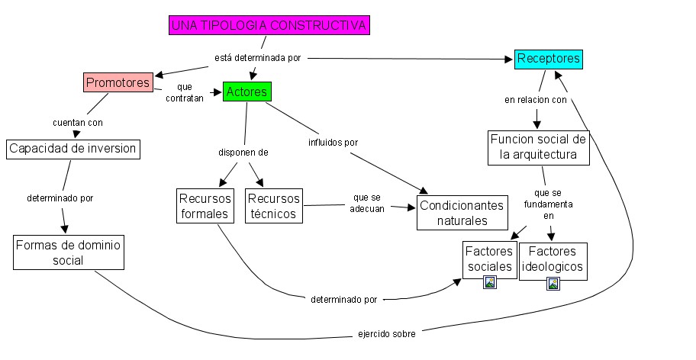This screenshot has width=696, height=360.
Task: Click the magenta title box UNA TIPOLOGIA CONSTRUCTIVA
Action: pos(269,25)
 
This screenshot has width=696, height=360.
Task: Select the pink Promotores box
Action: pos(118,82)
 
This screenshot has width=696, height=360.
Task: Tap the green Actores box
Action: pos(246,92)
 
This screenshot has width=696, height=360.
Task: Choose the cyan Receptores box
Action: pos(548,59)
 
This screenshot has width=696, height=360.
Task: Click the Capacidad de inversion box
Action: pos(73,148)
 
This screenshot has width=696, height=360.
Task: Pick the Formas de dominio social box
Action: pos(68,252)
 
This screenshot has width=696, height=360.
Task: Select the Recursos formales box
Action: pos(205,206)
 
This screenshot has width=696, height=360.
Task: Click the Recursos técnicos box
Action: pos(273,206)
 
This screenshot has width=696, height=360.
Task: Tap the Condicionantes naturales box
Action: pos(462,213)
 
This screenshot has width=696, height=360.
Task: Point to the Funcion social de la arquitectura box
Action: pos(540,147)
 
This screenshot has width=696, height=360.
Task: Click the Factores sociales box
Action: pos(489,259)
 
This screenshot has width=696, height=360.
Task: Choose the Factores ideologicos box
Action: pos(553,259)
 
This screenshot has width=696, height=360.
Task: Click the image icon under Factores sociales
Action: pos(490,281)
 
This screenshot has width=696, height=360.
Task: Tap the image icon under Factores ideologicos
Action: pos(553,283)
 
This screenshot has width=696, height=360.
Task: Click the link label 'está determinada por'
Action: pos(257,59)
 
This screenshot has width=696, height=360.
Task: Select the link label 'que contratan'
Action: pos(183,93)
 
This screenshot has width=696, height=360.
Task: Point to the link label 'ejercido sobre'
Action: pos(386,334)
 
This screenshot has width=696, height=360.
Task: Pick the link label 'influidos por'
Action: pos(333,142)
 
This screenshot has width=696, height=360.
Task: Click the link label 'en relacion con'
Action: pos(536,100)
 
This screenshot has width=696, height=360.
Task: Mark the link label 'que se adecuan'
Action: pos(367,204)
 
